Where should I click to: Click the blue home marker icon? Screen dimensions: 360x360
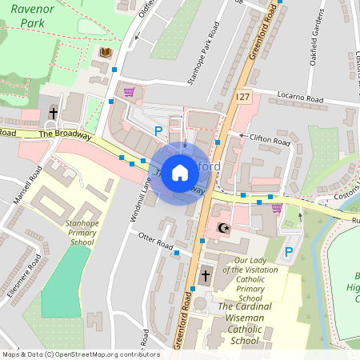pos(180,173)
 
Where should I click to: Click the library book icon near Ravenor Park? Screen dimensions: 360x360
pos(106,53)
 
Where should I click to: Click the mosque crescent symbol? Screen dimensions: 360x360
pos(223,230)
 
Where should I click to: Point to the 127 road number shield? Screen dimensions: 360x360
pos(243,96)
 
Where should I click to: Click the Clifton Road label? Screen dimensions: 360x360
pos(270,140)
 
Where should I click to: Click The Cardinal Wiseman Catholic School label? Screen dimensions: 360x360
pos(244,323)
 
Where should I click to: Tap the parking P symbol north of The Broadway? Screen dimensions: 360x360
pos(158,130)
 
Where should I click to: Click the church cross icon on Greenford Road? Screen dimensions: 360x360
pos(205,276)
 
